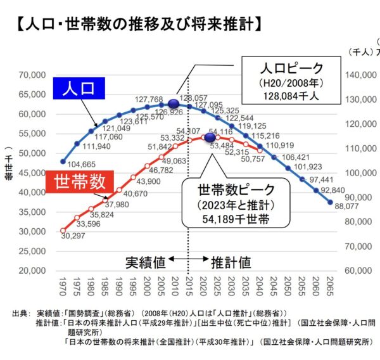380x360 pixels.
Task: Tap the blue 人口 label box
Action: pos(82,89)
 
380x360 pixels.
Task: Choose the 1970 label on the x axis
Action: pos(63,286)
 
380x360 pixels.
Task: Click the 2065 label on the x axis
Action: pos(330,286)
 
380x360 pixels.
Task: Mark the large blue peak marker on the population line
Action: pos(174,103)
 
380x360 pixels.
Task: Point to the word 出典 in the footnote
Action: pos(21,314)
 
